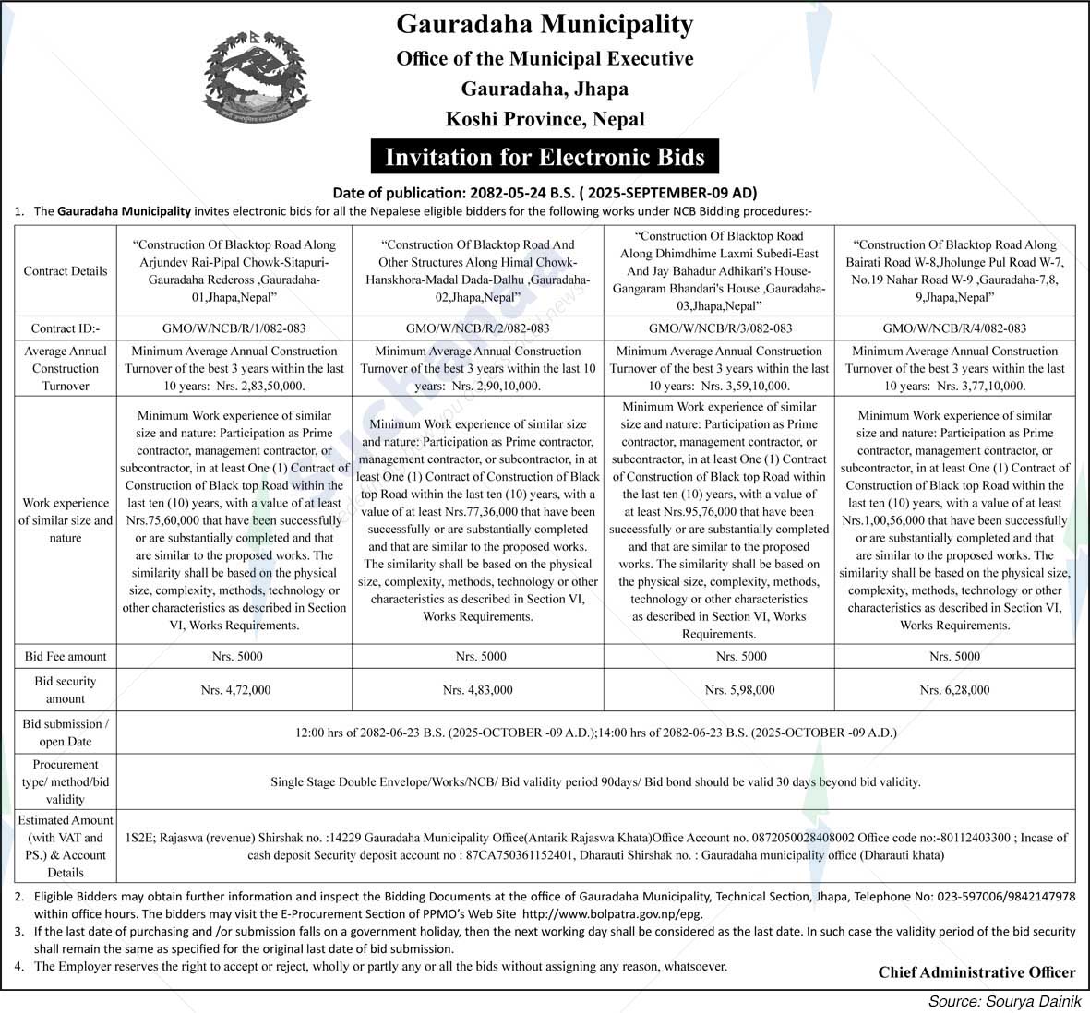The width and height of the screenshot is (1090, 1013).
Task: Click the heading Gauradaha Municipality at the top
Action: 545,24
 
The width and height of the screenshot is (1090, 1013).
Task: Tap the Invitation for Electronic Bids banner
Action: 545,157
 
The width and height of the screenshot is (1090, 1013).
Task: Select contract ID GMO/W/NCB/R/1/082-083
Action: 234,328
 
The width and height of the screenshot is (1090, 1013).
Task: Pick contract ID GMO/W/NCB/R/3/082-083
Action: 720,328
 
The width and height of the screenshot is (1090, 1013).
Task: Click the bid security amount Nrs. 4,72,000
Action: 234,689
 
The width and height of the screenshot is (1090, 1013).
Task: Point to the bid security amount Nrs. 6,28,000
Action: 954,689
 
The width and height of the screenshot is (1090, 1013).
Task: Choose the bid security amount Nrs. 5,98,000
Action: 739,689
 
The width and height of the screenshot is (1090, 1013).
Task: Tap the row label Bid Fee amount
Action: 66,656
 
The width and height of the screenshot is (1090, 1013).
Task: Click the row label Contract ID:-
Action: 66,328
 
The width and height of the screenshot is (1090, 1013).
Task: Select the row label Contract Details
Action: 66,271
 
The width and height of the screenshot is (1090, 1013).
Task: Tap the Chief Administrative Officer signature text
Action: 976,971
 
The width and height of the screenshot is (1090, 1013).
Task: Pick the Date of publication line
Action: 545,193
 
